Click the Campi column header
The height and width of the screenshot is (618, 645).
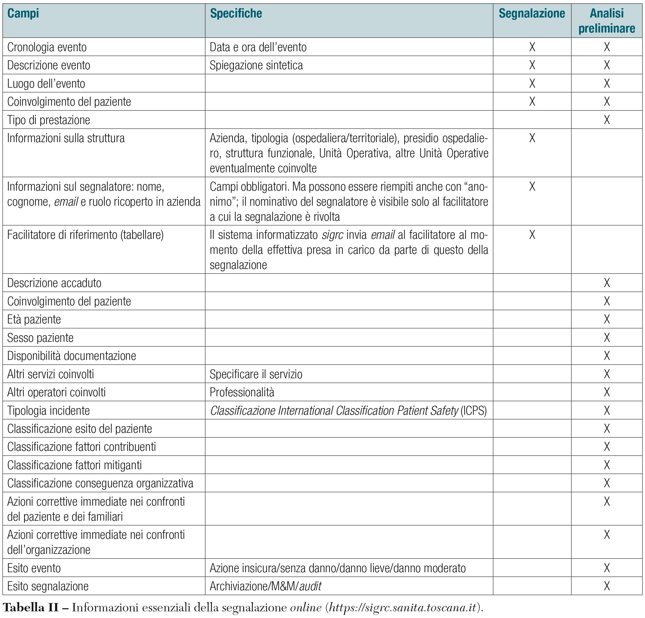click(x=23, y=14)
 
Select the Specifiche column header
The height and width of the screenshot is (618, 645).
click(x=236, y=14)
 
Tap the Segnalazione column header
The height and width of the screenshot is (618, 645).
click(x=532, y=14)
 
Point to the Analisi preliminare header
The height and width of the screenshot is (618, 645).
click(x=606, y=21)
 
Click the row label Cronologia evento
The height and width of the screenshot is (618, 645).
click(x=47, y=47)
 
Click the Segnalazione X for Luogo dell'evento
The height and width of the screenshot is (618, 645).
click(x=532, y=84)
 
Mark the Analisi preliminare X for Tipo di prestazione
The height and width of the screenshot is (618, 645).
click(x=607, y=120)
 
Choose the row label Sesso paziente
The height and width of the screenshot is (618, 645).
click(x=40, y=338)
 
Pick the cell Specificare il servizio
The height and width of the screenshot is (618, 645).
click(x=256, y=374)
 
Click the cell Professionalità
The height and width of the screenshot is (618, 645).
click(x=242, y=392)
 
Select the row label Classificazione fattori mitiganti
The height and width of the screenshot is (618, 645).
click(x=74, y=465)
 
